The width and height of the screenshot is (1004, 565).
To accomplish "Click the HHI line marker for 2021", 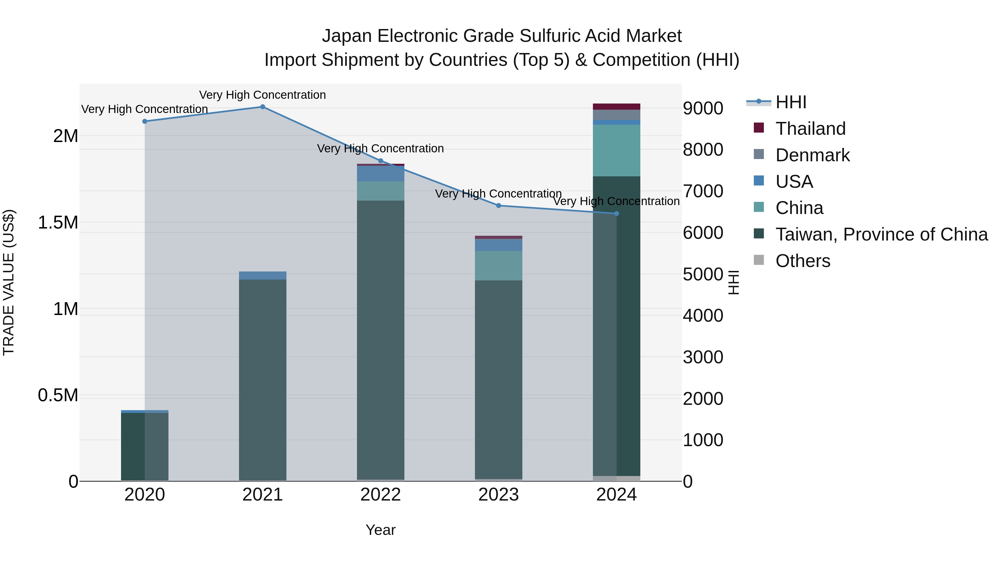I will coord(262,107).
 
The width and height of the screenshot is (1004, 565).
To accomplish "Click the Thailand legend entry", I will coord(810,129).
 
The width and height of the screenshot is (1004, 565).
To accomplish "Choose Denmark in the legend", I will coord(812,155).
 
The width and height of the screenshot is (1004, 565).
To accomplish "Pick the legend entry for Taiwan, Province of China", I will coord(881,234).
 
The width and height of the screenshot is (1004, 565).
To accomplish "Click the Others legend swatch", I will coord(759,260).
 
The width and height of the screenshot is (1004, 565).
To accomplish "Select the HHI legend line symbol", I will coord(759,102).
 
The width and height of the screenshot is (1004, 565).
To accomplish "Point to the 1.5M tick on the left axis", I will coord(58,223).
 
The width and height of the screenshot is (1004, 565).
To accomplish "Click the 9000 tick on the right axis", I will coord(703,109).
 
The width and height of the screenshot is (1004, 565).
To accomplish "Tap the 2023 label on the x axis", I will coord(498,495).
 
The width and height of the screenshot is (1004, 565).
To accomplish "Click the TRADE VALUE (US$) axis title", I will coord(9,282).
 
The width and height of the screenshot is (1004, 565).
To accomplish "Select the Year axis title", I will coord(380,530).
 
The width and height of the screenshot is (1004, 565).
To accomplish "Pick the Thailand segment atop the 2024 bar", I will coord(616,107).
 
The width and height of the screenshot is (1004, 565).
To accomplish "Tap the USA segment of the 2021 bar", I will coord(262,275).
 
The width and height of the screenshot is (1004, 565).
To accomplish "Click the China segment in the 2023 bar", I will coord(498,266).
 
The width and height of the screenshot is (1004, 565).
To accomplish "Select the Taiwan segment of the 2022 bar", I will coord(380,339).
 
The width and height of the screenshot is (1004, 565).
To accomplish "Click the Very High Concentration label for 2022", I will coord(380,148).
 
